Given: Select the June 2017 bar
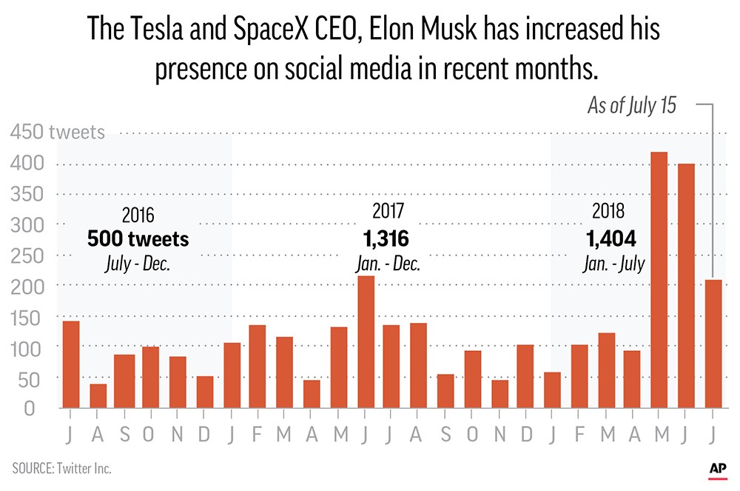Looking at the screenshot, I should click(366, 341).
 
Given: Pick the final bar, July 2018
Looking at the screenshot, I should click(713, 344).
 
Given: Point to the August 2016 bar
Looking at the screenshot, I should click(98, 395).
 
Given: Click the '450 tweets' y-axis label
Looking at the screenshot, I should click(58, 133).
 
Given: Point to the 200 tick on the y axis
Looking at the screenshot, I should click(27, 285).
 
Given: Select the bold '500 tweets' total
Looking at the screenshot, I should click(138, 239).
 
